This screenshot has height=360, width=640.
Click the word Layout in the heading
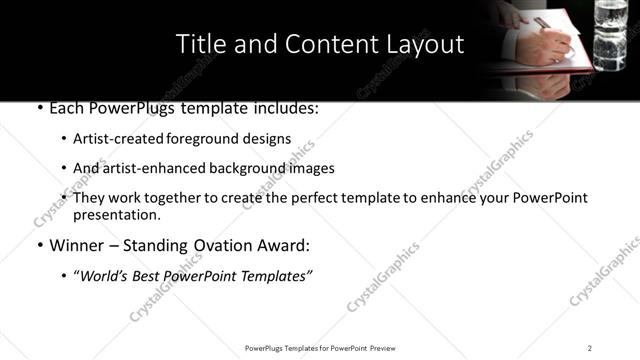coord(427,45)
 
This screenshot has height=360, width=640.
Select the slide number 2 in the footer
coord(590,348)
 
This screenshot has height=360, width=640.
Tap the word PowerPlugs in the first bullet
coord(133,109)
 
